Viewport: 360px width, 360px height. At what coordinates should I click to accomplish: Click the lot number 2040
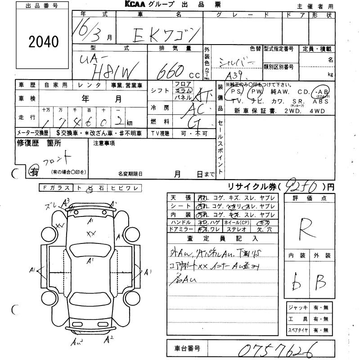[44, 42]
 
